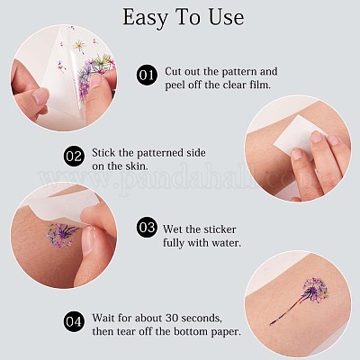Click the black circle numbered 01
click(147, 75)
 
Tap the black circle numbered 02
click(74, 157)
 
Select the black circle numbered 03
click(147, 227)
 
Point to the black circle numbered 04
click(74, 321)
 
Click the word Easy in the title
click(145, 18)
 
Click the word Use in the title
click(226, 17)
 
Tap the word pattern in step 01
click(237, 72)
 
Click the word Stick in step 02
click(103, 153)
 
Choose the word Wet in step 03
click(173, 229)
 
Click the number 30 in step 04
click(173, 318)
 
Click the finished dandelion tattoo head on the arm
click(315, 291)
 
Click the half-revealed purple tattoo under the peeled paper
click(61, 236)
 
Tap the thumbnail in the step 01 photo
click(40, 96)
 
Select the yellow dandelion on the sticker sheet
click(79, 46)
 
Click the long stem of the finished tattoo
click(286, 309)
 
